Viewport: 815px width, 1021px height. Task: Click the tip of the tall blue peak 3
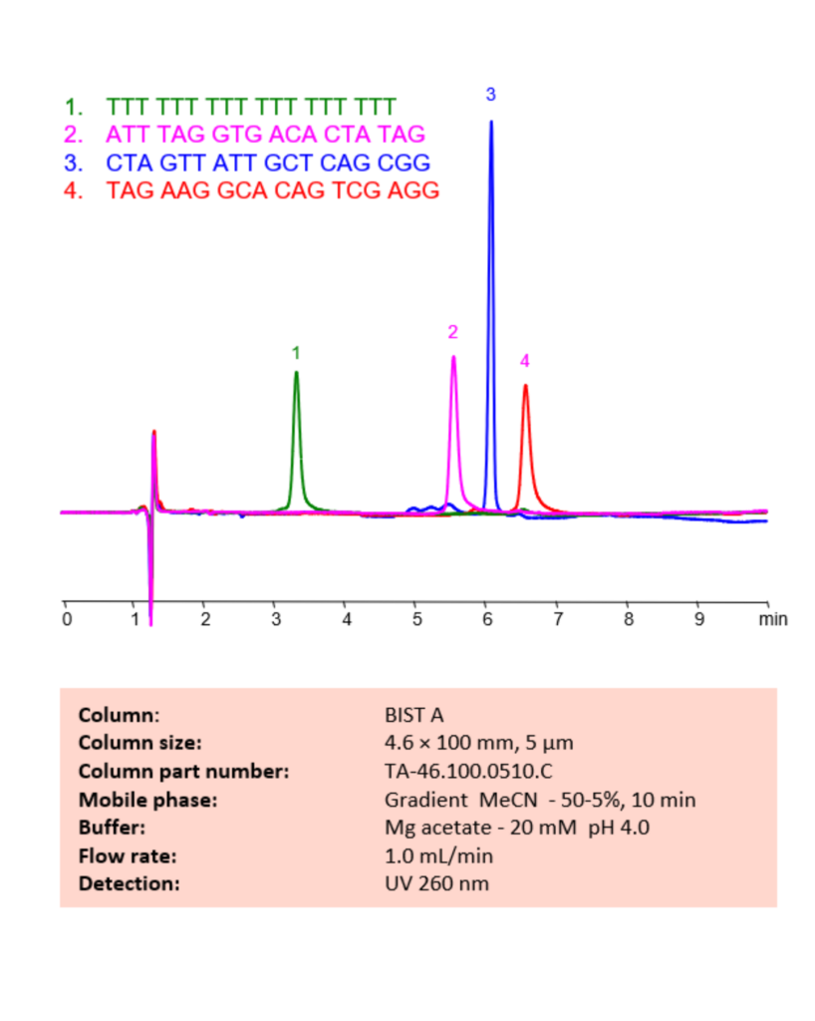(x=490, y=122)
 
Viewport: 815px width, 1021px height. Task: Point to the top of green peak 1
(x=296, y=373)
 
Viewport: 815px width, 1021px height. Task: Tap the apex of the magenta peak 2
(x=453, y=357)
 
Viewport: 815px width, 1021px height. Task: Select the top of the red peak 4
(x=525, y=386)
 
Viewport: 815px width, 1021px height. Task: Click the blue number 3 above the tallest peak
(x=490, y=94)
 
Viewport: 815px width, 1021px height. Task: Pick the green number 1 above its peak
(x=296, y=352)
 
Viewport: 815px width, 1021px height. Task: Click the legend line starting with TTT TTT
(x=251, y=105)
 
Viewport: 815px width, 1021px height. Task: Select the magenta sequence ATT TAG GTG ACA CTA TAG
(x=266, y=133)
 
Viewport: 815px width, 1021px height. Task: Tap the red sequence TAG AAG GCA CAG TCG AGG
(x=272, y=190)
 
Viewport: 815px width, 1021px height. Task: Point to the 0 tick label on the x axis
(x=66, y=619)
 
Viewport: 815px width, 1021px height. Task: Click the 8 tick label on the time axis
(x=628, y=619)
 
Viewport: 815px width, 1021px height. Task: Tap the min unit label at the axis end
(x=773, y=619)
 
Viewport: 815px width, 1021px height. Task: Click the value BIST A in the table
(x=413, y=715)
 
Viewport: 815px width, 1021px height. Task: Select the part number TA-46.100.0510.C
(x=468, y=771)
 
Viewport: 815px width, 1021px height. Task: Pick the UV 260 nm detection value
(x=436, y=883)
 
